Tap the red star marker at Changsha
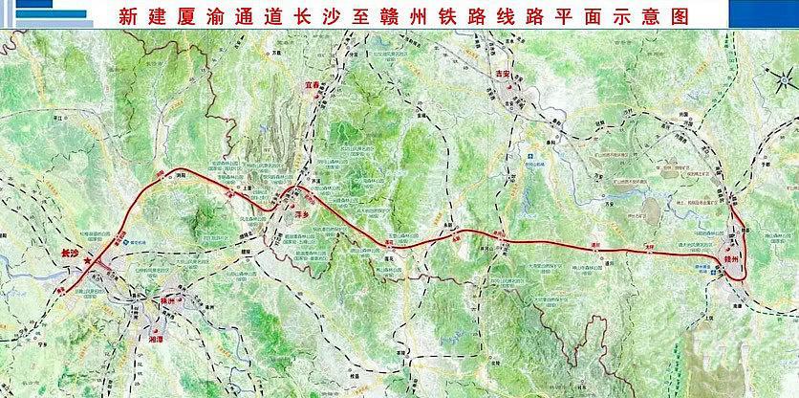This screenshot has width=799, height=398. click(88, 259)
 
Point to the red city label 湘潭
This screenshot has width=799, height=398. click(156, 337)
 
